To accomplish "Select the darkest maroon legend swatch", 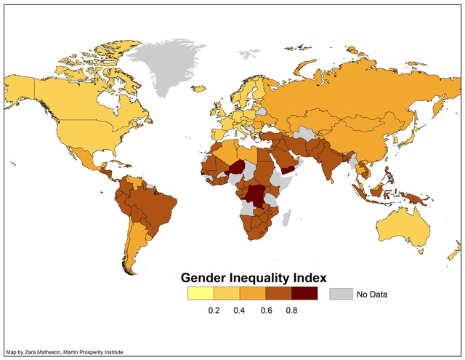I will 304,294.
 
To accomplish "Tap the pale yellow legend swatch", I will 201,294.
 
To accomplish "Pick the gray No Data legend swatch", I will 340,294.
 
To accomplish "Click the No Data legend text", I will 372,295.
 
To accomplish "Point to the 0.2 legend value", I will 214,311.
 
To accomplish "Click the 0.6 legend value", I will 266,311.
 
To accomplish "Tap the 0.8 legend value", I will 291,311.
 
